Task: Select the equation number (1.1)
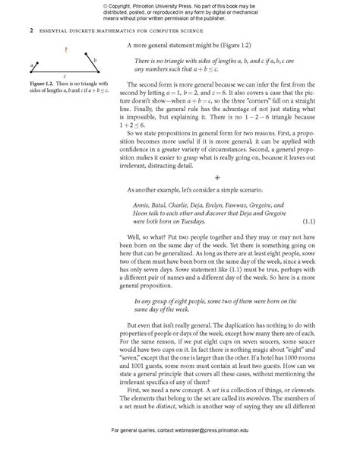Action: point(308,221)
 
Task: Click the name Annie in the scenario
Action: point(143,205)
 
